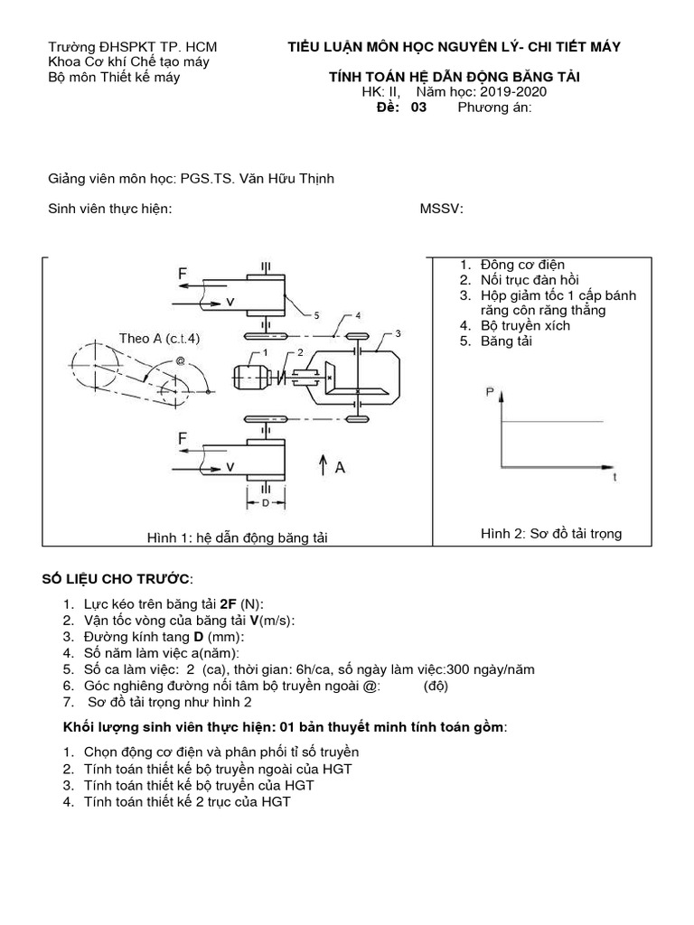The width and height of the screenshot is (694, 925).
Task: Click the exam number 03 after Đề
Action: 417,107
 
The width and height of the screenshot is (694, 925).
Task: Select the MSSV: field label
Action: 442,210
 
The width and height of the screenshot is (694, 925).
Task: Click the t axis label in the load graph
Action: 615,475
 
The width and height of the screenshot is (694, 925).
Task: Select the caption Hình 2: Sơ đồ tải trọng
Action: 551,534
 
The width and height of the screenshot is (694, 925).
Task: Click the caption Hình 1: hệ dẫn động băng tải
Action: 238,537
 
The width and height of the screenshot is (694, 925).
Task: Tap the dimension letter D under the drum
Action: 264,501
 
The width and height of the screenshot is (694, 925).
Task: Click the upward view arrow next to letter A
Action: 323,466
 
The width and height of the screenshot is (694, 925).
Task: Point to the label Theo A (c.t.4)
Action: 159,338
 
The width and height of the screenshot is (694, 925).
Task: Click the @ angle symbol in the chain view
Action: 181,360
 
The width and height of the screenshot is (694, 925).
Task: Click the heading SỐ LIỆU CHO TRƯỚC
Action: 117,578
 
